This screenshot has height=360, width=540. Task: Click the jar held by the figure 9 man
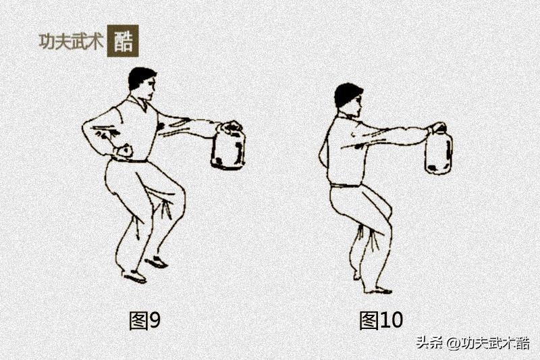pos(228,147)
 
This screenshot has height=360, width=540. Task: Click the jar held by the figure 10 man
pos(438,151)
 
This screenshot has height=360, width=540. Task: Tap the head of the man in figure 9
pos(142,83)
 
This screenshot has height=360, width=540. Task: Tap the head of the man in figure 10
pos(349,99)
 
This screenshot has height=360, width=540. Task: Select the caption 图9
pos(144,320)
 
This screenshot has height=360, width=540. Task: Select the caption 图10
pos(381,320)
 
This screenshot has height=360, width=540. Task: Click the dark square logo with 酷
pos(123,41)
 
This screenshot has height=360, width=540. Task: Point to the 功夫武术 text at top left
pos(71,42)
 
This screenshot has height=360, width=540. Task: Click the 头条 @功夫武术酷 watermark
pos(473,343)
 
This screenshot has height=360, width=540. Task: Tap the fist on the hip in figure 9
pos(124,151)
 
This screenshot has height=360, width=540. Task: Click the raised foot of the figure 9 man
pos(157,262)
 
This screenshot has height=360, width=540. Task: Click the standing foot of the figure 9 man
pos(134,276)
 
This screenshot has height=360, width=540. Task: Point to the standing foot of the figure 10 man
pos(378,290)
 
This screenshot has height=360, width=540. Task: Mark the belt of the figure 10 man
pos(346,186)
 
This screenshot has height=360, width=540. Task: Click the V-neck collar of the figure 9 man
pos(141,104)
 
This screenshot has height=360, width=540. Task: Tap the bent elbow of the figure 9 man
pos(86,128)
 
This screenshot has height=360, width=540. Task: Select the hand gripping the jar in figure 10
pos(437,128)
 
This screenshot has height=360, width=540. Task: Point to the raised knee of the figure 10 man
pos(386,209)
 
